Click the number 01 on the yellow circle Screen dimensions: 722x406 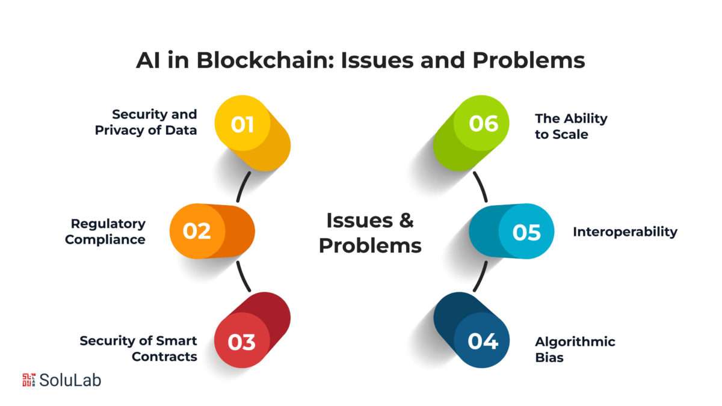[242, 125]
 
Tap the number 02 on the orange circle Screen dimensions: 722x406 [197, 231]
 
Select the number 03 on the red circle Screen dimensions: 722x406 [241, 342]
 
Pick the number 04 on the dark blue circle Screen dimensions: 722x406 [483, 341]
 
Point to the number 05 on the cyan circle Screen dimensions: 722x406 [526, 232]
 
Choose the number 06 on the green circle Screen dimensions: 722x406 [484, 123]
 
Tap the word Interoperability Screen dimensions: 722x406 [625, 232]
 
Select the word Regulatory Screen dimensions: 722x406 [108, 224]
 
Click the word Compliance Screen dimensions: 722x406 [105, 240]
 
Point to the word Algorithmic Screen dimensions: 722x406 [575, 342]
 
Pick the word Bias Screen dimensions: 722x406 [549, 358]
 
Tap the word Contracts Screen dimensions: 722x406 [164, 357]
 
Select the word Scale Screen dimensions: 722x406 [570, 134]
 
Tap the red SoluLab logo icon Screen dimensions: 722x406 [29, 380]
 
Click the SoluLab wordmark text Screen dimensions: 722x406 [70, 380]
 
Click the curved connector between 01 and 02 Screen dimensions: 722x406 [242, 186]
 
